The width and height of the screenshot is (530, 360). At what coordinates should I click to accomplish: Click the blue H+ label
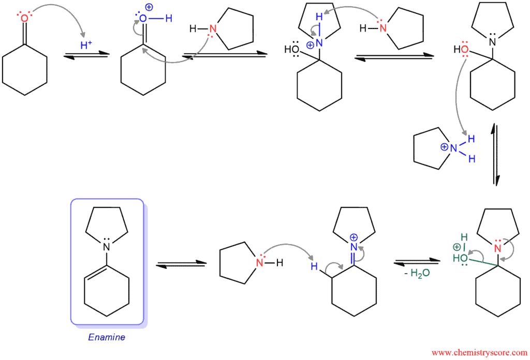(86, 44)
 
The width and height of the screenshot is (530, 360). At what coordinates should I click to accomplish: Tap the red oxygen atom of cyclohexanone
(24, 18)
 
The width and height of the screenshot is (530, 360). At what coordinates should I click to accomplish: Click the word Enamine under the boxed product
(107, 337)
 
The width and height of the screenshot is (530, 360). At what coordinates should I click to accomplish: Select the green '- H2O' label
(417, 273)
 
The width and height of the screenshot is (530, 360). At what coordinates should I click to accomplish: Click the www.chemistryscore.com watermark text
(479, 353)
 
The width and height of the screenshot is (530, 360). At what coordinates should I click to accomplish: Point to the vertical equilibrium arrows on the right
(495, 154)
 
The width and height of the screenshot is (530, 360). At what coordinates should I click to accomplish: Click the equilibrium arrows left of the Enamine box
(181, 264)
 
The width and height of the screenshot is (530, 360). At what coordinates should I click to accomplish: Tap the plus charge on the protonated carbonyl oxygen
(149, 7)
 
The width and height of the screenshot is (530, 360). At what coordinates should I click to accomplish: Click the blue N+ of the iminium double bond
(354, 247)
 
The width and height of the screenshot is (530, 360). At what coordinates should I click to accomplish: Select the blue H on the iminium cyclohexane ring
(314, 266)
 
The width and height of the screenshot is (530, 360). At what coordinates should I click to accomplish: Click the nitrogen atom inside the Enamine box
(107, 247)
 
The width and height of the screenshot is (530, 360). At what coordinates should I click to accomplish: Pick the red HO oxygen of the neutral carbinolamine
(465, 50)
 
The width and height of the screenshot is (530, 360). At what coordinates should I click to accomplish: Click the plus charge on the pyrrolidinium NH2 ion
(444, 147)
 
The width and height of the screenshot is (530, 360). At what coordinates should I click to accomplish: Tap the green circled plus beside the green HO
(457, 247)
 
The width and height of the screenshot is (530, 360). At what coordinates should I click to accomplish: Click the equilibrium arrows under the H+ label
(86, 55)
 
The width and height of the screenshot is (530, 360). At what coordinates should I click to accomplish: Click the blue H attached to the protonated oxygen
(169, 18)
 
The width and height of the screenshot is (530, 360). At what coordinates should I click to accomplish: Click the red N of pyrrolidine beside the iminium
(259, 262)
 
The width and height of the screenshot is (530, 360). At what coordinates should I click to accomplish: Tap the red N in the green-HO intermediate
(497, 249)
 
